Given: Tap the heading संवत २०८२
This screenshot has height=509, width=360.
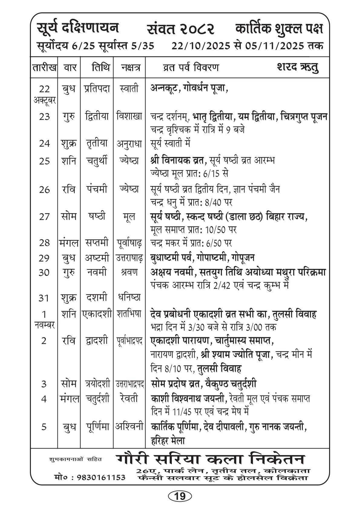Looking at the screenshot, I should tap(181, 30).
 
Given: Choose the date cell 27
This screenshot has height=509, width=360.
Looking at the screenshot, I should tap(44, 217).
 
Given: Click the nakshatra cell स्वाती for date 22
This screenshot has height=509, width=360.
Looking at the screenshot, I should tap(129, 89).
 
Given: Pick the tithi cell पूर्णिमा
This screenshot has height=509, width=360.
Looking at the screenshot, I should tap(97, 427).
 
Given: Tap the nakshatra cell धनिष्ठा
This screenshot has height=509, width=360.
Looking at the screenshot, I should tap(129, 298).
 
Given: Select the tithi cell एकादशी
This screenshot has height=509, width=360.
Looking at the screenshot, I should tap(97, 314).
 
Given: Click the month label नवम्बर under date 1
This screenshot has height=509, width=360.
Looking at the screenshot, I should tap(44, 325).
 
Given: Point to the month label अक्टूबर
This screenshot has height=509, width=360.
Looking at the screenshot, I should tap(44, 100).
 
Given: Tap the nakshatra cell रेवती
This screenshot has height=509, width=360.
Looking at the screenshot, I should tap(129, 398).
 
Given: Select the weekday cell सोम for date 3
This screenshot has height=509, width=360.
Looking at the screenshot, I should tap(68, 384).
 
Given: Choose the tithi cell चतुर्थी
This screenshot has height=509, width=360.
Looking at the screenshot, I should tap(97, 161).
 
